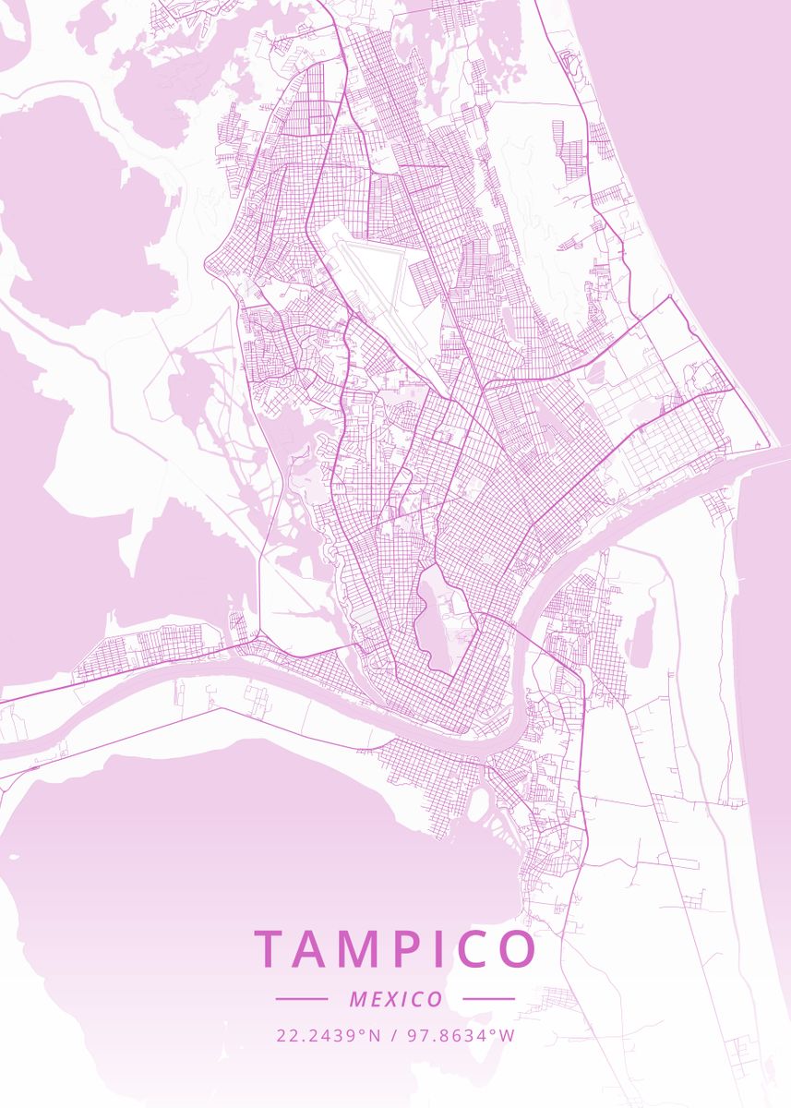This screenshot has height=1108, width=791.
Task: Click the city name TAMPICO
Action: (x=395, y=949)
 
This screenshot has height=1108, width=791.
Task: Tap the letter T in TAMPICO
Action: (x=272, y=949)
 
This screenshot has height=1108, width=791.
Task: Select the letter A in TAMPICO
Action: (x=316, y=949)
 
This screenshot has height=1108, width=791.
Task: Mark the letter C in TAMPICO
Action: (x=475, y=949)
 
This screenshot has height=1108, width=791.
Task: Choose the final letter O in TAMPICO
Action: (x=518, y=949)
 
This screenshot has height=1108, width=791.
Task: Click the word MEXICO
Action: (x=396, y=999)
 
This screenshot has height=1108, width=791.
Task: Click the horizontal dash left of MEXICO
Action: (x=302, y=999)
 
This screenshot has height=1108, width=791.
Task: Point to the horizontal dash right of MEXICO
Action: (x=488, y=999)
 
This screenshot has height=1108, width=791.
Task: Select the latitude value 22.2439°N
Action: (x=329, y=1035)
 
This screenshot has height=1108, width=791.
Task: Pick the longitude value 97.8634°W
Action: (x=461, y=1035)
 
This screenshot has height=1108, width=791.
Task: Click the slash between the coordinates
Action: (x=395, y=1035)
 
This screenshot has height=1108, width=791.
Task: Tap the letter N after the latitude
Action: (x=375, y=1035)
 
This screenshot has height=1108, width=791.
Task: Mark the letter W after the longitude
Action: (x=508, y=1035)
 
